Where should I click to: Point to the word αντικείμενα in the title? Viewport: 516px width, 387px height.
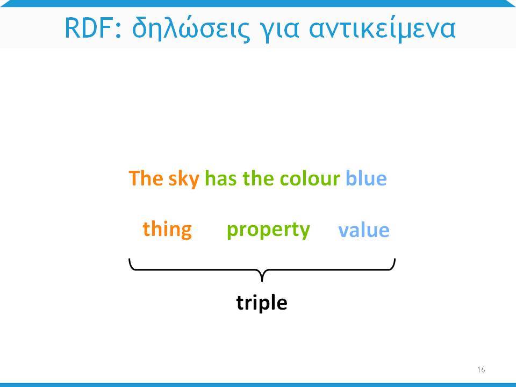pyautogui.click(x=382, y=28)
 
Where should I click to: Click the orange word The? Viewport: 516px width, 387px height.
pyautogui.click(x=146, y=178)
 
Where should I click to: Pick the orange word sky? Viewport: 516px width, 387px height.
pyautogui.click(x=184, y=180)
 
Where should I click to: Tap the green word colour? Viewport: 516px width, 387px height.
pyautogui.click(x=310, y=178)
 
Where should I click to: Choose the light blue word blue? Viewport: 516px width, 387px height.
pyautogui.click(x=366, y=178)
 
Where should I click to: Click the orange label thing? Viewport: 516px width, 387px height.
pyautogui.click(x=167, y=230)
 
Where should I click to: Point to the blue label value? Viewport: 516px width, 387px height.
pyautogui.click(x=364, y=230)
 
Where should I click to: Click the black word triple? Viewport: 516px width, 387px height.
pyautogui.click(x=262, y=303)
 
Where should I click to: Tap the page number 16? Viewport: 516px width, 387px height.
pyautogui.click(x=481, y=370)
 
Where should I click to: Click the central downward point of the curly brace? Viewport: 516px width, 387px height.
pyautogui.click(x=262, y=281)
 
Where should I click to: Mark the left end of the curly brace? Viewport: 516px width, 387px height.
pyautogui.click(x=130, y=259)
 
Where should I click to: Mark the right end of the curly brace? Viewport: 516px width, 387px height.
pyautogui.click(x=395, y=259)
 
